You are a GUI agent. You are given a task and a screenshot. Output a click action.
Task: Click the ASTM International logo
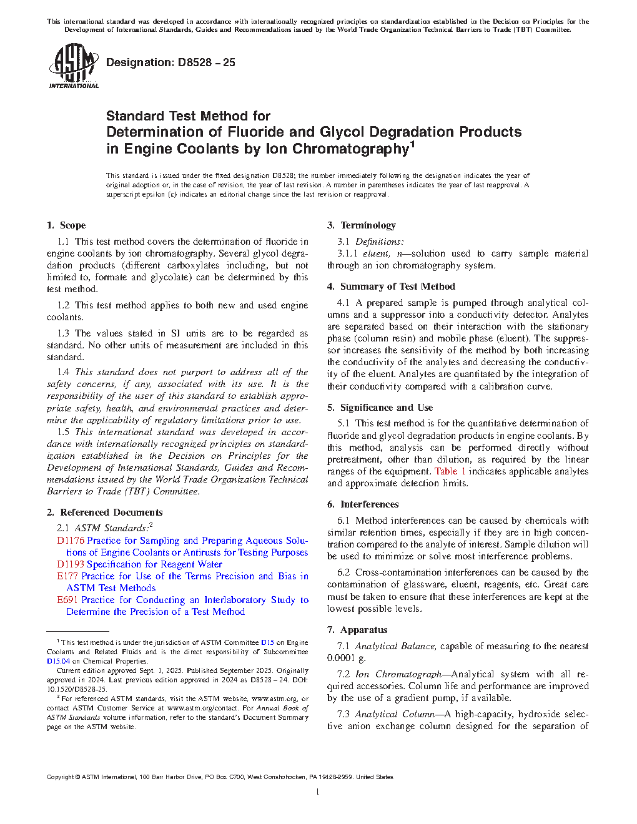[74, 66]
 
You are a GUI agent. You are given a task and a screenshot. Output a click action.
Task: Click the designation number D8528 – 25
[170, 62]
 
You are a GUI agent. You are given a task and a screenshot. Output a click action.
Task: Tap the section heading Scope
[72, 225]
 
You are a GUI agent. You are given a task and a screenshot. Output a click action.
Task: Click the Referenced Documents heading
[111, 513]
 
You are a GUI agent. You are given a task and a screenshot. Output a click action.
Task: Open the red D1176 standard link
[70, 541]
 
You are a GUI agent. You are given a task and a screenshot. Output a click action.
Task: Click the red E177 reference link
[67, 576]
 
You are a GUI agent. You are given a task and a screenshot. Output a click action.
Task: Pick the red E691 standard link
[67, 600]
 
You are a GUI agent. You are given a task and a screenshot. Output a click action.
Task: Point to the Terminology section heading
[368, 225]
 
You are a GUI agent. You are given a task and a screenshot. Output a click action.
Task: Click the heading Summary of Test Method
[397, 287]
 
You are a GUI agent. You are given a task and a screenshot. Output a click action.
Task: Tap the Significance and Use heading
[386, 408]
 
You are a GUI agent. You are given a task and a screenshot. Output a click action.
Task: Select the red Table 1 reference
[450, 471]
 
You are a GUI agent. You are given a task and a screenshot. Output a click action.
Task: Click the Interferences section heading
[369, 504]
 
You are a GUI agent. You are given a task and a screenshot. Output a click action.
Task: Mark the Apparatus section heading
[363, 630]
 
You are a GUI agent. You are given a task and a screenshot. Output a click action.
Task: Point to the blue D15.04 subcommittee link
[58, 661]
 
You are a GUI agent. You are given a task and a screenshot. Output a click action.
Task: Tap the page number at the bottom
[318, 792]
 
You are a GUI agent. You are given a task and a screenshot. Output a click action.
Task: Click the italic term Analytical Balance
[395, 646]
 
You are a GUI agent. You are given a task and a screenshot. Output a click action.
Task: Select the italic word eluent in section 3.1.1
[376, 253]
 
